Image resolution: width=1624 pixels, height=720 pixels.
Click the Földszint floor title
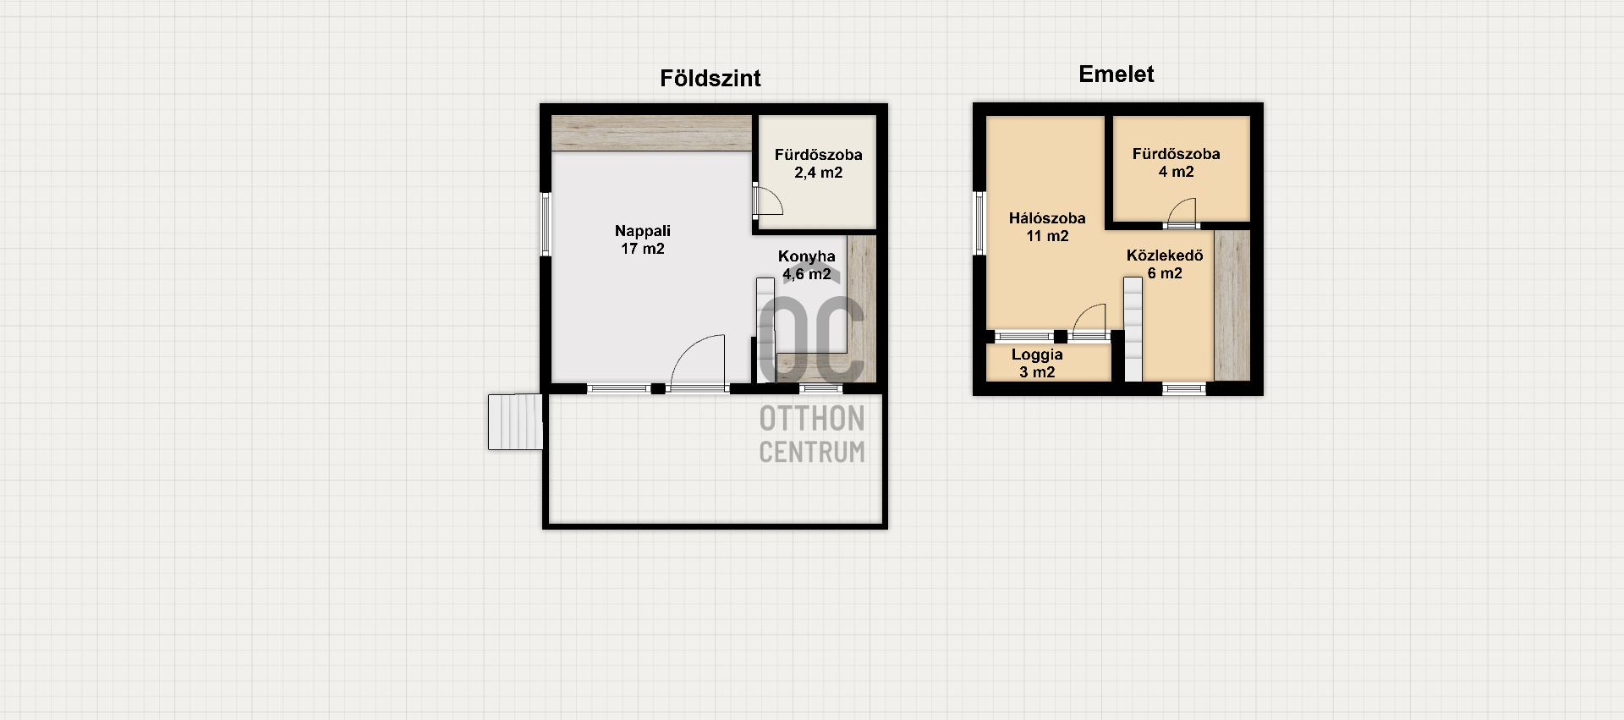(x=710, y=79)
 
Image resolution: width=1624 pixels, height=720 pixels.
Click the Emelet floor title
(x=1116, y=74)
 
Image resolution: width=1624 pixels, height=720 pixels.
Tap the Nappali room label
(x=643, y=231)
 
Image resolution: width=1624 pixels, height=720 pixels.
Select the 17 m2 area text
(x=643, y=249)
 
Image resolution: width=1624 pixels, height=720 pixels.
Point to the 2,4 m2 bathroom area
(x=818, y=173)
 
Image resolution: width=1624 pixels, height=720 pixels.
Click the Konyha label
(x=807, y=256)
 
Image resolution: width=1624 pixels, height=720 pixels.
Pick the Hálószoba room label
(x=1047, y=218)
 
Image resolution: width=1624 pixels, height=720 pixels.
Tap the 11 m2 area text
(x=1048, y=236)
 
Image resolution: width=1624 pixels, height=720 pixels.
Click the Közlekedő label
(x=1165, y=256)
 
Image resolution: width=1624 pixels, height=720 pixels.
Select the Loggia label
(x=1037, y=355)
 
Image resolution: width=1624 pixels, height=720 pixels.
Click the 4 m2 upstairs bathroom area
(x=1177, y=172)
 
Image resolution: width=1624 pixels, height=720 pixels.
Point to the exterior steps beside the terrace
(x=515, y=421)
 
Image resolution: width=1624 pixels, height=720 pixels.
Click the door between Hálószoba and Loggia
(x=1089, y=321)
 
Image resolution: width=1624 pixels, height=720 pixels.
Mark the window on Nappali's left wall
(x=546, y=224)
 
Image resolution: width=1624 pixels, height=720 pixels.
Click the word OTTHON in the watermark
(x=812, y=418)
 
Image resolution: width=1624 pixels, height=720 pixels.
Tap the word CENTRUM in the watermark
(x=812, y=452)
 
